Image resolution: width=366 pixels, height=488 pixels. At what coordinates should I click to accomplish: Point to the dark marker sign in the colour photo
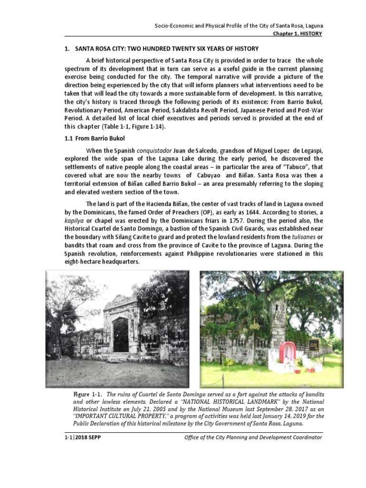coord(313,345)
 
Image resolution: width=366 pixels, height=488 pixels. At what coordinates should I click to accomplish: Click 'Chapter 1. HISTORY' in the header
coord(297,34)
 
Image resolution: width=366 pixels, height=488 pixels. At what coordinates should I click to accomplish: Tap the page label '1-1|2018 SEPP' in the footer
coord(82,437)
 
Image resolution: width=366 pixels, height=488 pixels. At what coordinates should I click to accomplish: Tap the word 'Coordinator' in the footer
coord(303,437)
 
